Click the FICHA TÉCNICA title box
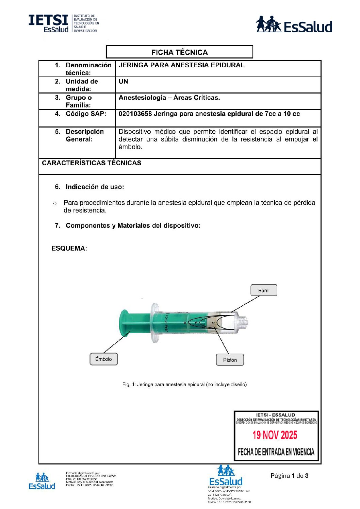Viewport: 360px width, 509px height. coord(179,52)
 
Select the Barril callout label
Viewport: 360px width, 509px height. coord(264,290)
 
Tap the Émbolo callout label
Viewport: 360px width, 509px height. coord(103,359)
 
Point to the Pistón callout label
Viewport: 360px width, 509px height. coord(230,360)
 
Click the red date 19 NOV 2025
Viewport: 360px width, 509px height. coord(275,435)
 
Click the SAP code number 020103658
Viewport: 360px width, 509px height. coord(135,114)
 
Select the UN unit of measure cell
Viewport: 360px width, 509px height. coord(123,82)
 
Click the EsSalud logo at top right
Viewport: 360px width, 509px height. coord(294,24)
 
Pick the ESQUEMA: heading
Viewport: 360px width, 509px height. coord(69,249)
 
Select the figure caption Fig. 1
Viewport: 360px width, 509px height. coord(184,385)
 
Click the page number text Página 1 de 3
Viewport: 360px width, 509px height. coord(289,476)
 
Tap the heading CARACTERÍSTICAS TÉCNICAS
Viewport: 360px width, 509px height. coord(92,163)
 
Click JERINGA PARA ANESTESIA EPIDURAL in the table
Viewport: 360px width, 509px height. coord(181,65)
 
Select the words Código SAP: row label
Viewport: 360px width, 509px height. coord(86,114)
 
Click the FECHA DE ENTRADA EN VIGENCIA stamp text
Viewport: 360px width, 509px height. coord(276,452)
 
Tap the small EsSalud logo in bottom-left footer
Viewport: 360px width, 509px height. coord(42,481)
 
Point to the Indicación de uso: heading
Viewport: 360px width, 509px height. coord(95,187)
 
